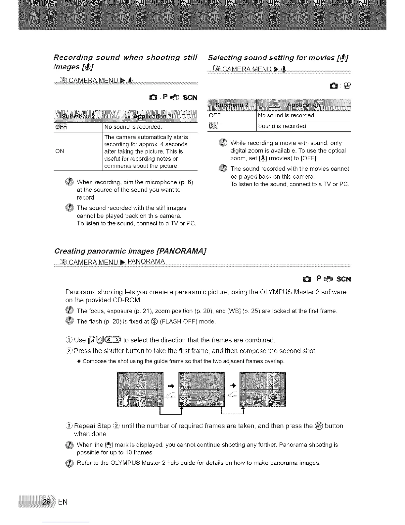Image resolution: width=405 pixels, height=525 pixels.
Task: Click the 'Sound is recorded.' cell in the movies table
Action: (x=283, y=126)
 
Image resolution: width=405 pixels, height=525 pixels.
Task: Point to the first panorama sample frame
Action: (x=141, y=389)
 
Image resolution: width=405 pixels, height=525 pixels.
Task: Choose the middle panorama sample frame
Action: (x=201, y=389)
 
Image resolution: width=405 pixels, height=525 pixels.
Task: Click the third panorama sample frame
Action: (x=262, y=389)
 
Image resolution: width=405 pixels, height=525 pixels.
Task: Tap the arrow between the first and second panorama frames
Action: (x=171, y=385)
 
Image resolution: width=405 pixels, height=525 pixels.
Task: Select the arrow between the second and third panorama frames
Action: (x=232, y=385)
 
